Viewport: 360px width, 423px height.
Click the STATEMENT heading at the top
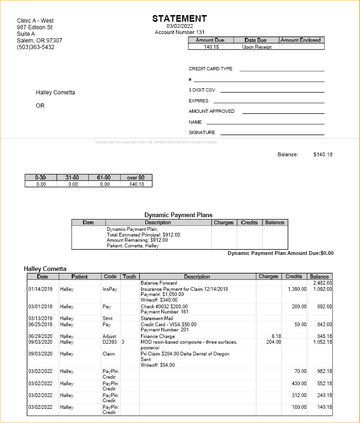click(x=179, y=19)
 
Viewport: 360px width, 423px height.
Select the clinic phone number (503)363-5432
click(x=35, y=47)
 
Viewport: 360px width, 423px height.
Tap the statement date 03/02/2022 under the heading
click(x=179, y=26)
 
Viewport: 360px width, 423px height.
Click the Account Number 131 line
click(x=180, y=32)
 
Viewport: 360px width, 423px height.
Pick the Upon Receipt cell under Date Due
click(x=257, y=47)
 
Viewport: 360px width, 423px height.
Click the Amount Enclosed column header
click(x=301, y=40)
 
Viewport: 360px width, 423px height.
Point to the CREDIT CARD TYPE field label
click(x=210, y=69)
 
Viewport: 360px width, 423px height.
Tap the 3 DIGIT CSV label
click(x=202, y=90)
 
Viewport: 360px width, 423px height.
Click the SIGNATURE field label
click(x=202, y=133)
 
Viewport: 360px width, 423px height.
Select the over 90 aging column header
click(x=136, y=178)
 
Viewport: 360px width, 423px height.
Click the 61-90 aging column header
click(x=104, y=178)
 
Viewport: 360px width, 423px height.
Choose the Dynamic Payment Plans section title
click(x=178, y=215)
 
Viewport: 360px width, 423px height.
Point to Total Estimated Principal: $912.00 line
click(x=143, y=235)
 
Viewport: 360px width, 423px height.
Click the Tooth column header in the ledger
click(x=129, y=277)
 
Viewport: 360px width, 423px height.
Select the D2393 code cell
click(x=109, y=342)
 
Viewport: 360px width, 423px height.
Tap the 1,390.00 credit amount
click(x=297, y=289)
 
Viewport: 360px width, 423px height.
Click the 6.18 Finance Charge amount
click(x=276, y=337)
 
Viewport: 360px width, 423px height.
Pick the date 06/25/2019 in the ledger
click(x=40, y=325)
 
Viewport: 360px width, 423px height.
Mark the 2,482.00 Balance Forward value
click(x=323, y=283)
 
